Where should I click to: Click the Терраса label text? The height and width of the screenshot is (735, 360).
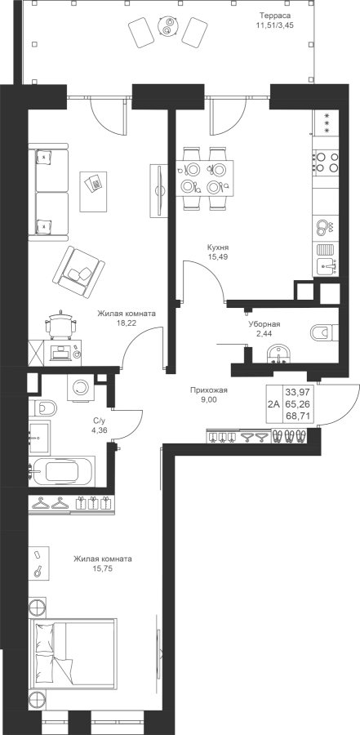click(x=275, y=15)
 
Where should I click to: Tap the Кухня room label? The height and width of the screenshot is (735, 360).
click(x=219, y=247)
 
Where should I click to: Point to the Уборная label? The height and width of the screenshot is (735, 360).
click(x=264, y=324)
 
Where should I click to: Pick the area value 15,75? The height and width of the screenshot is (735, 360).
click(x=102, y=568)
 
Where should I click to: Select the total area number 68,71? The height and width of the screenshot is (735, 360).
click(x=299, y=416)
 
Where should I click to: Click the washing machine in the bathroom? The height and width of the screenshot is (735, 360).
click(x=81, y=387)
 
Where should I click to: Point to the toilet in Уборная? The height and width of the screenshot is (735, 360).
click(x=323, y=332)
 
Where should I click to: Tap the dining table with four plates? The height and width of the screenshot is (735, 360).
click(x=205, y=178)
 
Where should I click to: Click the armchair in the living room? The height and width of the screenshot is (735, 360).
click(x=78, y=272)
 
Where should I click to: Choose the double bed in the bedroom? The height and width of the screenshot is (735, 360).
click(x=73, y=654)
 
